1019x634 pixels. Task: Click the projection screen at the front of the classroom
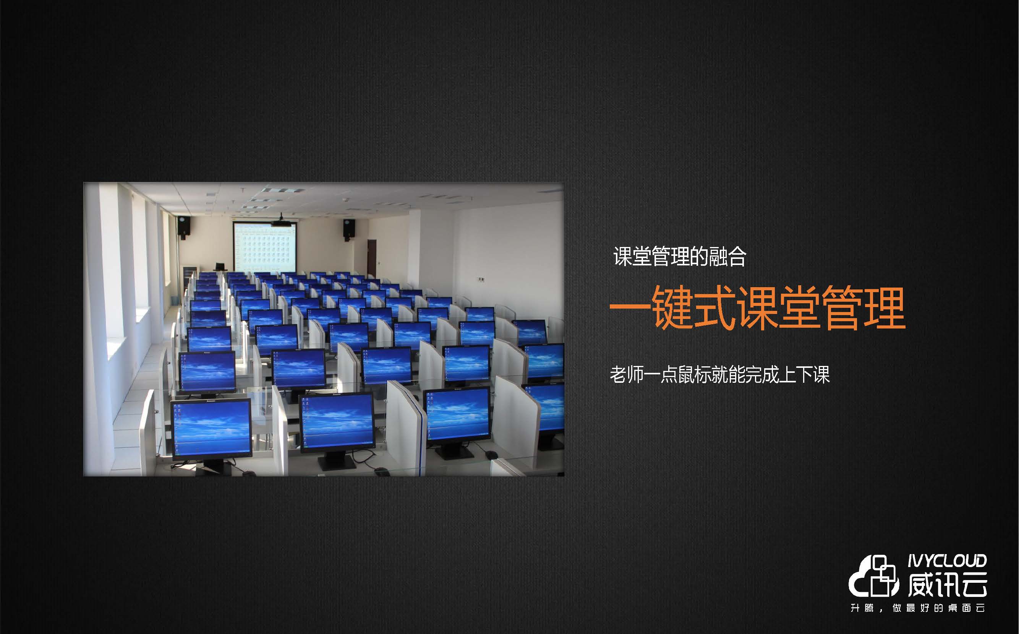[265, 247]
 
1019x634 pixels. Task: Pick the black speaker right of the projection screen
[349, 229]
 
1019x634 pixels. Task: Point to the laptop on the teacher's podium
[220, 267]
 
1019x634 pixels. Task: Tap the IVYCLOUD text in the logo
[947, 561]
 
